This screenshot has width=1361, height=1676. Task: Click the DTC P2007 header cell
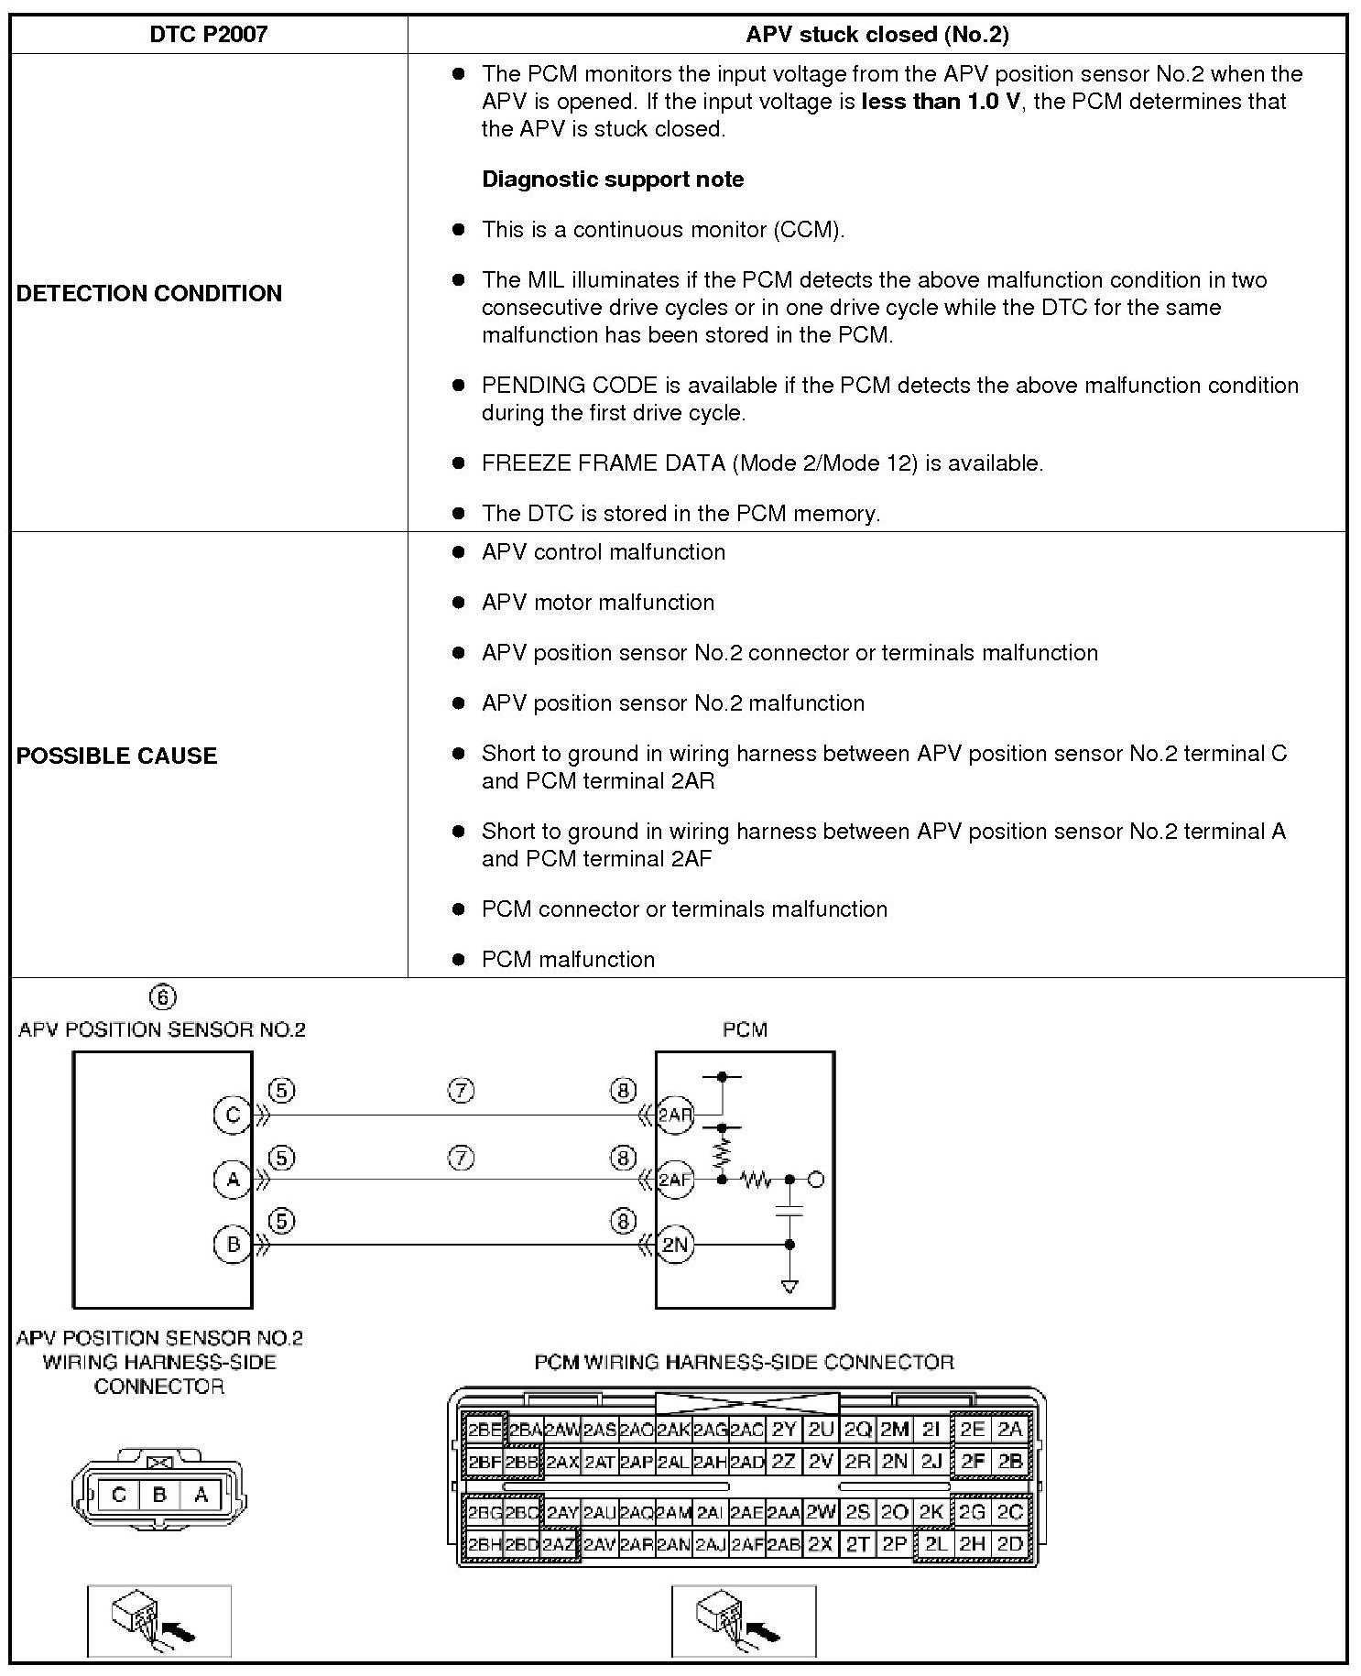click(x=208, y=35)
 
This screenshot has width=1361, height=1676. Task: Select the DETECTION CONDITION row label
click(x=149, y=293)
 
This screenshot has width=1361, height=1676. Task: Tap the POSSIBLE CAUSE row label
click(x=117, y=756)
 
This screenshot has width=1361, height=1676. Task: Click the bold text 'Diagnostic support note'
click(x=613, y=180)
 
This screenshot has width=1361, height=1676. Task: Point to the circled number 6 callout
click(x=162, y=997)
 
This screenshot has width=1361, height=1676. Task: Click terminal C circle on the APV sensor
click(x=232, y=1115)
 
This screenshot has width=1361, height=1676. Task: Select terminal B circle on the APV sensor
click(x=232, y=1245)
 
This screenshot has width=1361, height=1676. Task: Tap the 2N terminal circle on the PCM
click(x=675, y=1245)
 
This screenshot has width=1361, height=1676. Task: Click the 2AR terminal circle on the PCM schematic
click(x=676, y=1115)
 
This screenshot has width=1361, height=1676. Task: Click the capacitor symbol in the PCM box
click(x=789, y=1212)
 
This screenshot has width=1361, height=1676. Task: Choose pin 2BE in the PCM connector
click(x=485, y=1430)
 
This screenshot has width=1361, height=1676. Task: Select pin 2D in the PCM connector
click(x=1009, y=1543)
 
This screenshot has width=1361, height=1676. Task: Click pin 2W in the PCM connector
click(x=821, y=1512)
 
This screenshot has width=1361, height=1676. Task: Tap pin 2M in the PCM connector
click(x=894, y=1430)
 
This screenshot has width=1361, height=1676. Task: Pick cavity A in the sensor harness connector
click(x=201, y=1495)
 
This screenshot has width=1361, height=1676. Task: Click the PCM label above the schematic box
click(x=745, y=1029)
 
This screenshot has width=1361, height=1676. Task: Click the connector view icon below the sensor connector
click(x=159, y=1620)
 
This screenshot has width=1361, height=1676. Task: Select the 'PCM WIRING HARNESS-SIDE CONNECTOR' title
click(x=744, y=1362)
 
